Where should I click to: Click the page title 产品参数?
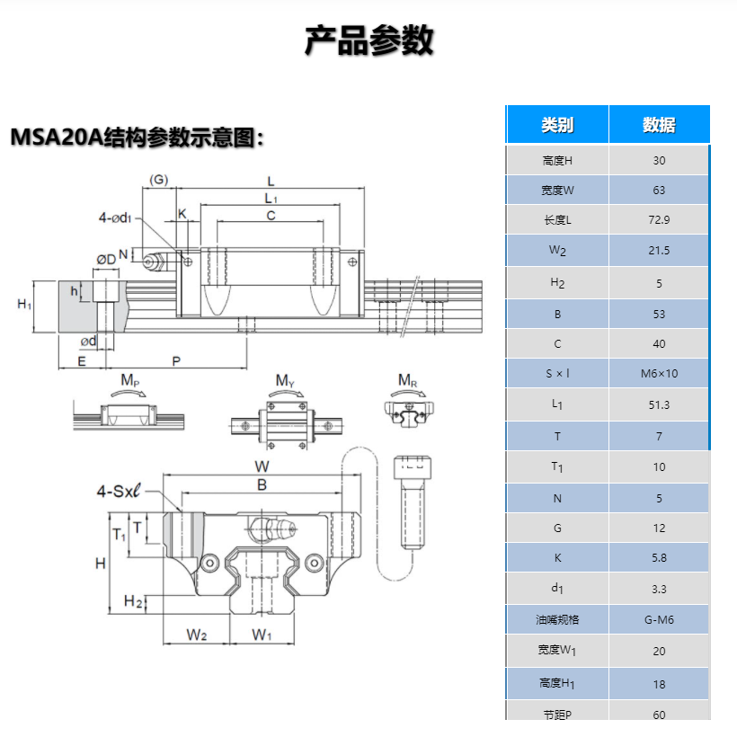pyautogui.click(x=368, y=40)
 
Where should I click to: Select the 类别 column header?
pyautogui.click(x=557, y=125)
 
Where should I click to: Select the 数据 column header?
pyautogui.click(x=659, y=125)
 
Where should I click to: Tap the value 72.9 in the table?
pyautogui.click(x=659, y=219)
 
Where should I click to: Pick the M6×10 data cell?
pyautogui.click(x=659, y=373)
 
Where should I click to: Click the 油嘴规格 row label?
pyautogui.click(x=557, y=619)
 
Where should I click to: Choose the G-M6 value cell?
pyautogui.click(x=659, y=619)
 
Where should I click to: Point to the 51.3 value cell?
pyautogui.click(x=659, y=404)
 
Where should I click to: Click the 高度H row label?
pyautogui.click(x=557, y=161)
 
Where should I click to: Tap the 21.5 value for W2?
pyautogui.click(x=659, y=251)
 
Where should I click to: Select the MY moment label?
pyautogui.click(x=285, y=381)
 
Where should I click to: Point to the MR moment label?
pyautogui.click(x=408, y=380)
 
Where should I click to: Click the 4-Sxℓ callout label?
pyautogui.click(x=120, y=491)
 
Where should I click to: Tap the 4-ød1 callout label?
pyautogui.click(x=116, y=217)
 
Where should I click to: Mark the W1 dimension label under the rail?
pyautogui.click(x=262, y=635)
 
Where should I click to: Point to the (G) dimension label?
pyautogui.click(x=158, y=179)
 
